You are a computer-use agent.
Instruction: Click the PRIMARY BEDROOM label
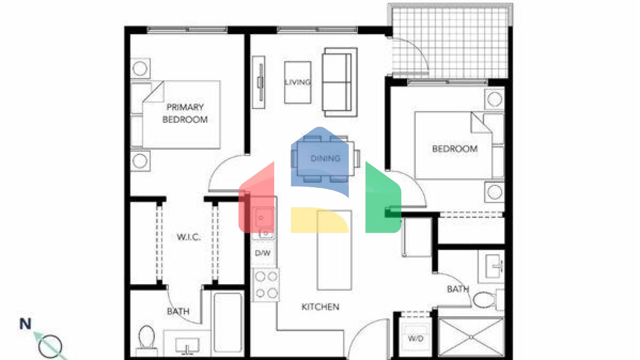tap(185, 113)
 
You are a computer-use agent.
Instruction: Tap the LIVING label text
tap(297, 82)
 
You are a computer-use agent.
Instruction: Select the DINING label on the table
tap(325, 158)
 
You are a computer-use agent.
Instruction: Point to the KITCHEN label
tap(320, 307)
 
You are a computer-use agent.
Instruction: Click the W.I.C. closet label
tap(189, 237)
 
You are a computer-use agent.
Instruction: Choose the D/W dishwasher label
tap(262, 253)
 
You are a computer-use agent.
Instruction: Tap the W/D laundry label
tap(415, 338)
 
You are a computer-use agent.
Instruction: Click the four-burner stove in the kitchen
tap(266, 285)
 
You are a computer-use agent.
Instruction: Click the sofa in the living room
tap(340, 82)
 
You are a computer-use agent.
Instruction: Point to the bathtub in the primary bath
tap(227, 323)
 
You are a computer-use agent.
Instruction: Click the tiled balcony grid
tap(450, 42)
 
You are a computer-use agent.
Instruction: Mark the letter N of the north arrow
tap(25, 324)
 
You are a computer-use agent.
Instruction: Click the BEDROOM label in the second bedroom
tap(455, 149)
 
